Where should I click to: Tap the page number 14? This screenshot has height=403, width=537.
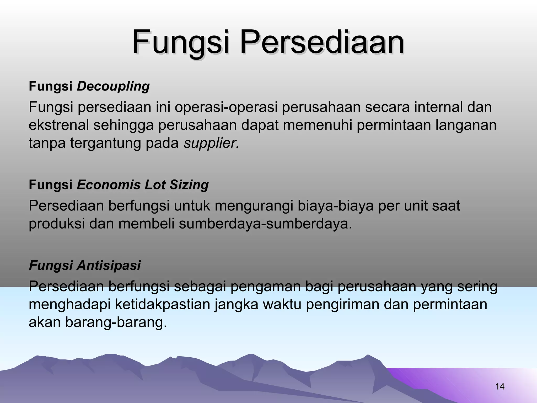click(x=500, y=386)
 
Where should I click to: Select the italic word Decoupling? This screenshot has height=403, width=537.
click(x=113, y=86)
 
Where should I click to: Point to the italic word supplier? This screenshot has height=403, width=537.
click(x=211, y=143)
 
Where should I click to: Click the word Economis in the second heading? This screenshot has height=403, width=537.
click(x=109, y=185)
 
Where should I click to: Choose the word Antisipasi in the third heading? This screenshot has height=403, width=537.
click(x=109, y=265)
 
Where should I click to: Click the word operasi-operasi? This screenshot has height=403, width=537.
click(x=226, y=107)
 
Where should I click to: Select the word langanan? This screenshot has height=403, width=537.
click(x=466, y=125)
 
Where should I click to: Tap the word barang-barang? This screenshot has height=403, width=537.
click(x=116, y=322)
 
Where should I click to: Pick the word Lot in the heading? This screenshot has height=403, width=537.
click(x=155, y=185)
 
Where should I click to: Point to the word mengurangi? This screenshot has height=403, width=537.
click(x=253, y=206)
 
